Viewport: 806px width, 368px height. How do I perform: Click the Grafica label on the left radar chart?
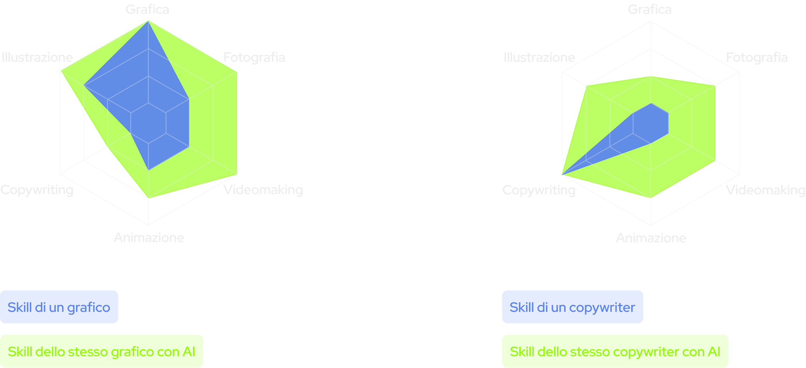[147, 9]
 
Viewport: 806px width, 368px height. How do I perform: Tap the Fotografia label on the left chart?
[254, 57]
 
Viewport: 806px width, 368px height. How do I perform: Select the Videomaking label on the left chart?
[263, 190]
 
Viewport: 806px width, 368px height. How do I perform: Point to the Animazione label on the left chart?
[149, 237]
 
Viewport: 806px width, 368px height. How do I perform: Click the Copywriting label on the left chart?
[37, 190]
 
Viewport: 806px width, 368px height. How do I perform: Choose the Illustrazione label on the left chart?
[37, 57]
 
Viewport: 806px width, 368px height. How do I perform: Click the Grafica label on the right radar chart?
[650, 9]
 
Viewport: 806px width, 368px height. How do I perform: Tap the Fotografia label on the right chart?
[757, 57]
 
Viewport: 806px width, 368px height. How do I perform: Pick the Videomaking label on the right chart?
[766, 190]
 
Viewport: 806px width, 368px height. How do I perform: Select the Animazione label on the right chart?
[651, 237]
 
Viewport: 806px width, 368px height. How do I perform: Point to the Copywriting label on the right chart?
[539, 190]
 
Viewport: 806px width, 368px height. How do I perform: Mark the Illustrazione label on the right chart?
[539, 57]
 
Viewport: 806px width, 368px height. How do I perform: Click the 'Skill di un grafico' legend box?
[59, 307]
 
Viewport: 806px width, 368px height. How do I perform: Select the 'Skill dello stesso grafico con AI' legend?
[102, 351]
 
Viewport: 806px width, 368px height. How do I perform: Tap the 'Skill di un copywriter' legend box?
[572, 307]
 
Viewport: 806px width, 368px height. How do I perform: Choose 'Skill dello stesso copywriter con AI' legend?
[615, 351]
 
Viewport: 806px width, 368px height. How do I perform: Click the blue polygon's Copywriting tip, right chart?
[562, 175]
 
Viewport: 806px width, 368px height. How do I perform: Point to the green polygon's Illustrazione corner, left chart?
[61, 71]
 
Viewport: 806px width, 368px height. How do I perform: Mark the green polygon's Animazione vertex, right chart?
[651, 198]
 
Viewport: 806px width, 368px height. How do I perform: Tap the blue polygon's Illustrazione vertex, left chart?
[84, 86]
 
